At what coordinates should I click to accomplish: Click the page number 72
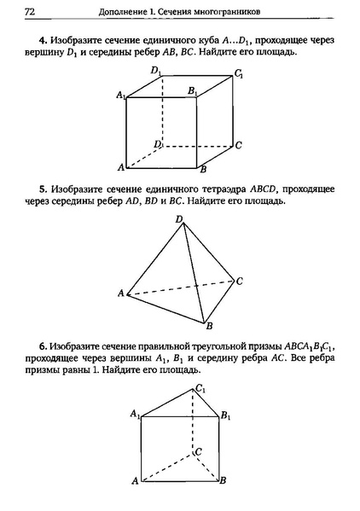(30, 12)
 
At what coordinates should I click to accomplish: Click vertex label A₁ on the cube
(121, 95)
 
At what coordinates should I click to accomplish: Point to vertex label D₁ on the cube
(155, 72)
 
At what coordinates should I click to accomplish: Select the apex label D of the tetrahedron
(179, 220)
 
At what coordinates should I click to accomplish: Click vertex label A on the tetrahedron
(120, 293)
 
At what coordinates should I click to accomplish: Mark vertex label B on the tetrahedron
(208, 326)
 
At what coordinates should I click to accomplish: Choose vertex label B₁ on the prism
(225, 415)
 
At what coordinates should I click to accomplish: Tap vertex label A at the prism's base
(135, 482)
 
